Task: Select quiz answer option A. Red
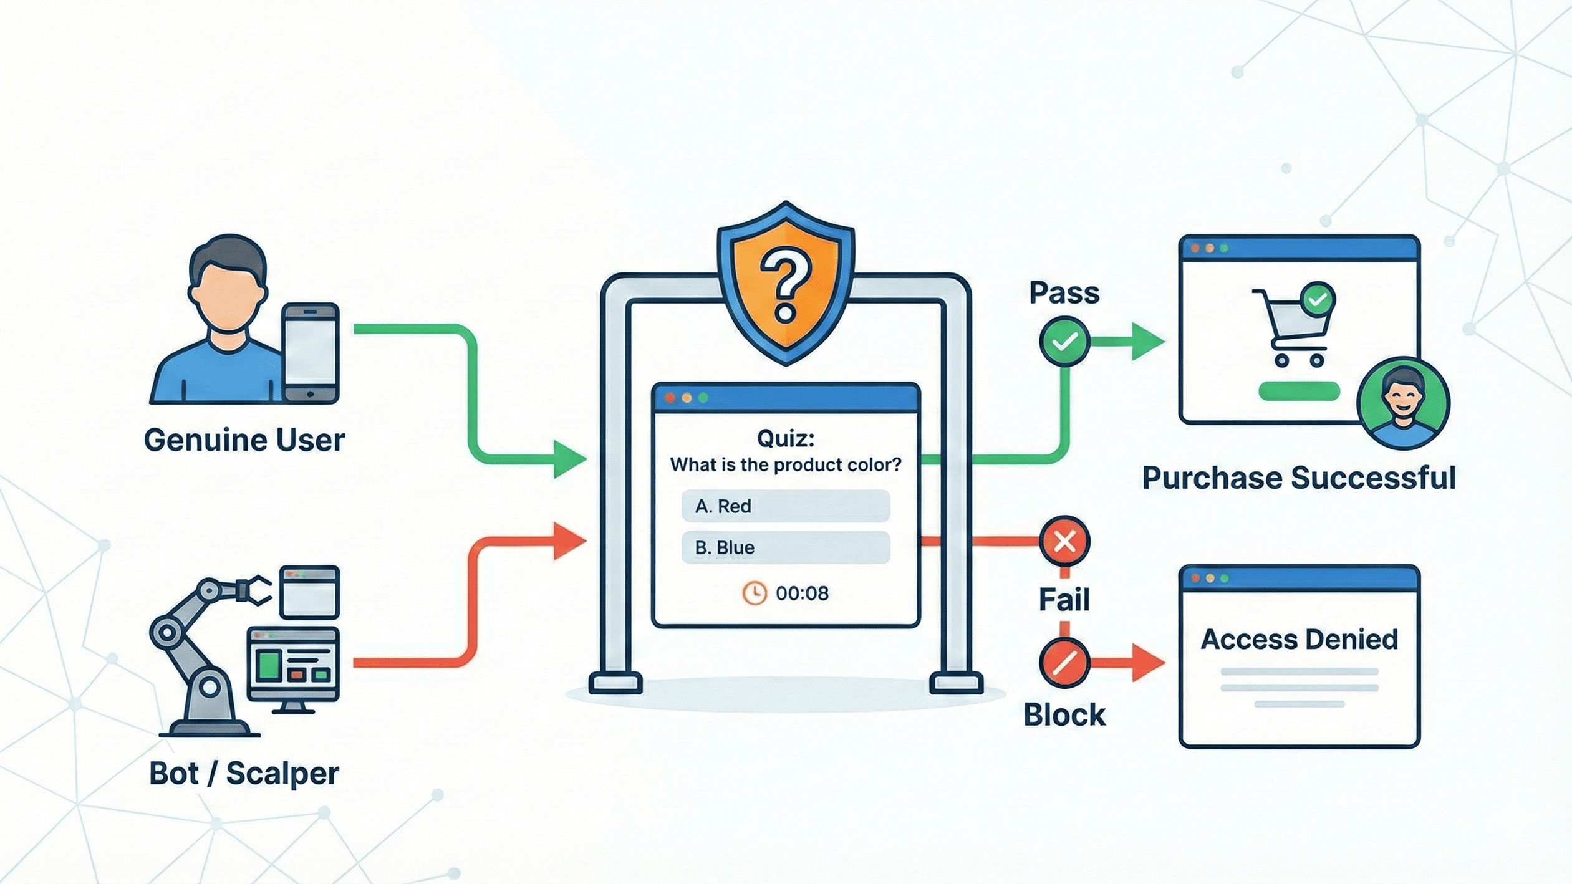point(785,506)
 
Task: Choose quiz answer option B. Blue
point(785,547)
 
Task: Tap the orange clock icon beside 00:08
point(754,593)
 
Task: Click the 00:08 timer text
point(802,593)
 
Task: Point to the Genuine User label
point(244,440)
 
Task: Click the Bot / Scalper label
point(244,773)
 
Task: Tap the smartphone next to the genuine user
point(311,352)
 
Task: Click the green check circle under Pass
point(1064,341)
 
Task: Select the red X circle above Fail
point(1064,541)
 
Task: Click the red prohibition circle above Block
point(1064,663)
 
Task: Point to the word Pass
point(1064,293)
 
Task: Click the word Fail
point(1064,600)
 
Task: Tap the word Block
point(1064,714)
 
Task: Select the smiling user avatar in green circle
point(1403,403)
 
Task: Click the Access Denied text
point(1299,639)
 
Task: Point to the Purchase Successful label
point(1299,478)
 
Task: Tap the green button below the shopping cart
point(1299,392)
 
